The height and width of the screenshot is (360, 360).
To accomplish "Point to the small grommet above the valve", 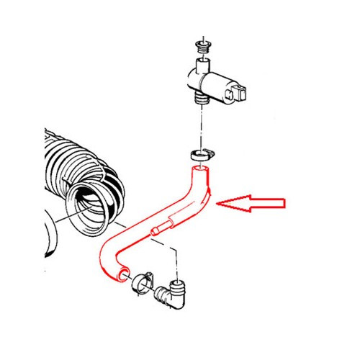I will pos(200,48).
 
